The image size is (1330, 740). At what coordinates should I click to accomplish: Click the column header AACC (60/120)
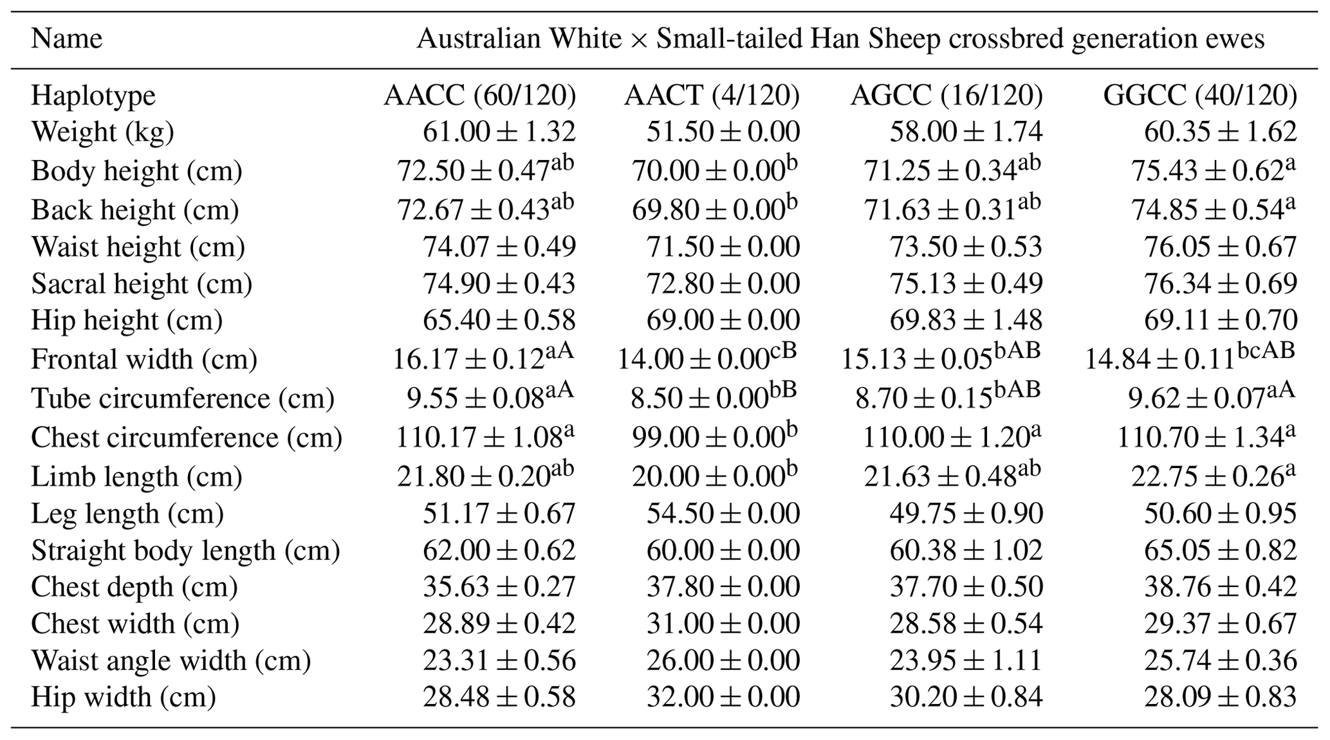(x=479, y=96)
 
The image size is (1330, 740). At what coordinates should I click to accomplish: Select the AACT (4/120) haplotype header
(x=712, y=96)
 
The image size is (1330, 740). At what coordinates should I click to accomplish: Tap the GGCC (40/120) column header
(x=1200, y=96)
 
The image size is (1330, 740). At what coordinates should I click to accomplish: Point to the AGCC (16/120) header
(x=947, y=96)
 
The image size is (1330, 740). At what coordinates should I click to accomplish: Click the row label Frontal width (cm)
(x=144, y=359)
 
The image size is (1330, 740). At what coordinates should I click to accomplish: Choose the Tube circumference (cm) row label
(x=183, y=399)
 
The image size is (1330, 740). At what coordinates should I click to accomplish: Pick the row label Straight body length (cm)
(x=185, y=550)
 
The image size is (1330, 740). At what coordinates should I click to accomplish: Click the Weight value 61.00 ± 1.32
(x=499, y=132)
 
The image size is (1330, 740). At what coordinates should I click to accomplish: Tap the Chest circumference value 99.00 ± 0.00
(x=714, y=438)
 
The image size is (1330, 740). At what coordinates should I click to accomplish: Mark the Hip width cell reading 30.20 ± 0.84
(x=966, y=697)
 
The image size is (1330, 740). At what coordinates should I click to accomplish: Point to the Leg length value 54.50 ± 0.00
(x=723, y=513)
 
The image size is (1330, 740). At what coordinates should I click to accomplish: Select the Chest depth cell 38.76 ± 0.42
(x=1220, y=586)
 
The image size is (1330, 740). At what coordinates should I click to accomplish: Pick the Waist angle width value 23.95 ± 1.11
(x=966, y=660)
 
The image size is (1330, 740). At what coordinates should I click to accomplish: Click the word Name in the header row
(x=66, y=39)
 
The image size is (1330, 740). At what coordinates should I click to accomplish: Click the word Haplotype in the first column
(x=93, y=96)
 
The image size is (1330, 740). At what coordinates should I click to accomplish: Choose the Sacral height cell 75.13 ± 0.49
(x=966, y=284)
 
